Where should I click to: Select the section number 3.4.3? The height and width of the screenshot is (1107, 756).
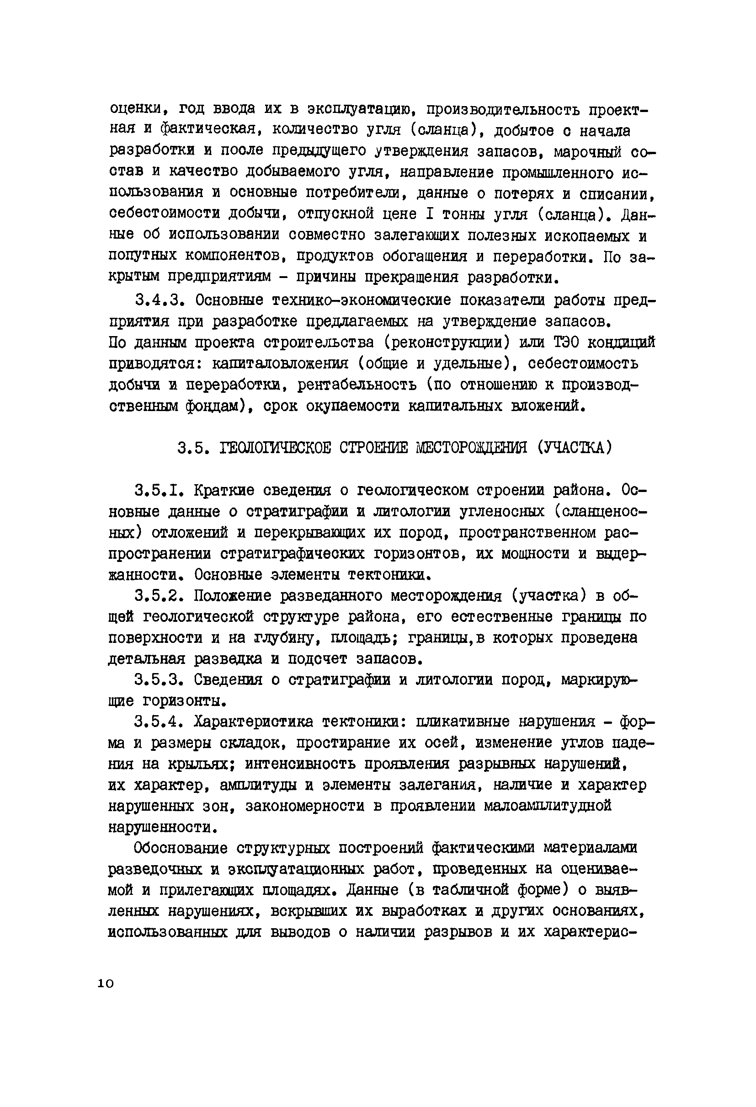pyautogui.click(x=159, y=300)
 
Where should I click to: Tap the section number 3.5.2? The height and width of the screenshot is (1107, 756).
pyautogui.click(x=159, y=596)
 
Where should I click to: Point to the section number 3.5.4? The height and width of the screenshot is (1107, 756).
pyautogui.click(x=159, y=722)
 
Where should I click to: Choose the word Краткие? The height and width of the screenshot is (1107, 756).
pyautogui.click(x=224, y=490)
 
